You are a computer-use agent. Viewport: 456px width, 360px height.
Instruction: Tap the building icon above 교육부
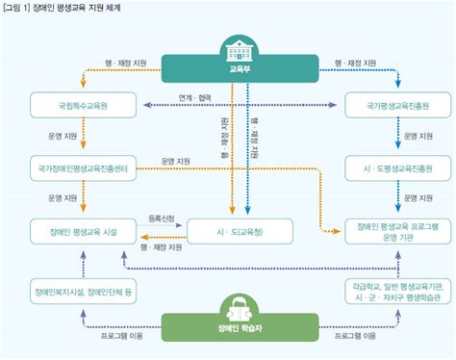tap(237, 47)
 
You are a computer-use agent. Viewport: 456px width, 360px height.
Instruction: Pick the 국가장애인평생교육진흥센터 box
tap(83, 169)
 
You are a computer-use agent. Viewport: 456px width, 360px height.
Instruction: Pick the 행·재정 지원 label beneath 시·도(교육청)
tap(159, 246)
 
